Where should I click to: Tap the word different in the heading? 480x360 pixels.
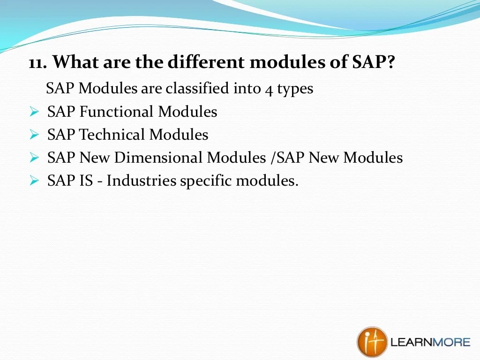pos(206,61)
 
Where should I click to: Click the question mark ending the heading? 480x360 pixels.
pos(390,61)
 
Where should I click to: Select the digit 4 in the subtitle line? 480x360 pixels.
pos(269,90)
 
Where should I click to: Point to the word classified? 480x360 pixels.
pos(197,88)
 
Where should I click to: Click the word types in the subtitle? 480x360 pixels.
pos(295,90)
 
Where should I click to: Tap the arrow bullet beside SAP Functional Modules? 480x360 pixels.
pos(34,112)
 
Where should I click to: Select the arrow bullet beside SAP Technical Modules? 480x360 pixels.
pos(34,135)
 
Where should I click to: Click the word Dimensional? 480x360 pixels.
pos(157,157)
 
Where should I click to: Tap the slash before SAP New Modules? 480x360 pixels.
pos(273,157)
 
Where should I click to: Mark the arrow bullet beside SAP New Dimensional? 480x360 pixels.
pos(34,157)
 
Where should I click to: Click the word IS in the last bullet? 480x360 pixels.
pos(86,180)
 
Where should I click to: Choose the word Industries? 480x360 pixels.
pos(142,180)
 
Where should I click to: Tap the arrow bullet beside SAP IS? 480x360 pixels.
pos(34,180)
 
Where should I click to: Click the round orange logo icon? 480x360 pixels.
pos(372,342)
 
